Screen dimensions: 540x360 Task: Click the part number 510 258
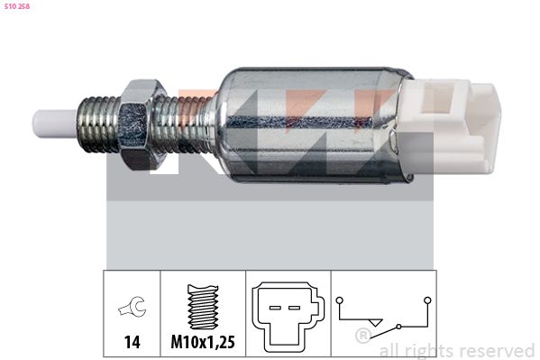point(17,6)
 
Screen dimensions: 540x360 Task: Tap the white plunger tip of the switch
point(55,125)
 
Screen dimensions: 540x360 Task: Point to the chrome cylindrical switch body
point(314,125)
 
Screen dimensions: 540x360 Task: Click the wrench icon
point(133,307)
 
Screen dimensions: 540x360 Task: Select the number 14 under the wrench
point(133,342)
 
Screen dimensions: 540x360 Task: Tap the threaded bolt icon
point(203,307)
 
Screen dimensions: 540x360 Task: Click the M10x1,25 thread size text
point(203,342)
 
